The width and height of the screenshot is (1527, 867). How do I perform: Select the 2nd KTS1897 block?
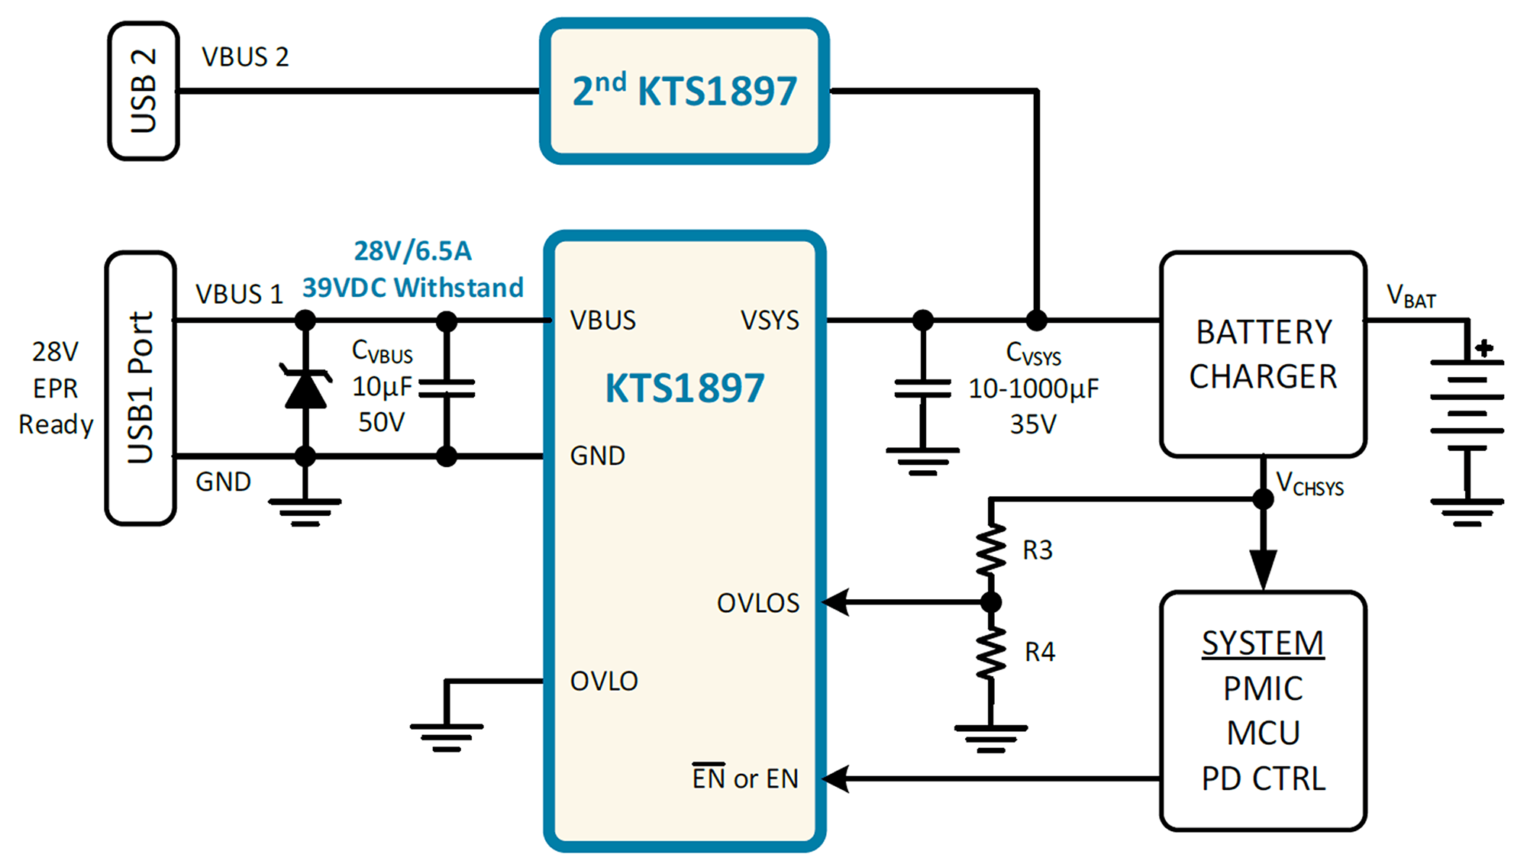684,91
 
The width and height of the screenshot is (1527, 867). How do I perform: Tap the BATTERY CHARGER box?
1264,354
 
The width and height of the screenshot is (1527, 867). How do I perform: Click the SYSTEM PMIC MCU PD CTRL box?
1264,711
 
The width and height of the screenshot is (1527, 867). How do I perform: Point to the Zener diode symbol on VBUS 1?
305,387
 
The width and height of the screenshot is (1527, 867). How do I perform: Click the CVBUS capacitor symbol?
447,388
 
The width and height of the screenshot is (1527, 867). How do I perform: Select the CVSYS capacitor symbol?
923,388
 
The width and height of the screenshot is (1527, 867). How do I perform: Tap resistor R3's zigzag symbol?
991,549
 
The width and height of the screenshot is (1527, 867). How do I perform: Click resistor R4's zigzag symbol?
991,653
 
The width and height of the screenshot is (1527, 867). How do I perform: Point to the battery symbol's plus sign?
1484,349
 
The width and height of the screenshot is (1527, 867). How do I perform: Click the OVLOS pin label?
758,603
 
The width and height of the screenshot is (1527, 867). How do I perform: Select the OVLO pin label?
604,681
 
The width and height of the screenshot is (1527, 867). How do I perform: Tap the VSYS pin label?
770,320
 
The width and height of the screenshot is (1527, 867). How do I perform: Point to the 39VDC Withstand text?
413,288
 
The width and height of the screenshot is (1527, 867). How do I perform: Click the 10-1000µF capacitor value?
1034,389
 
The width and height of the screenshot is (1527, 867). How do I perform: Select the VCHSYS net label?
1309,483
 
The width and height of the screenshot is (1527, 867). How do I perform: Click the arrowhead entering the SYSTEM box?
1264,570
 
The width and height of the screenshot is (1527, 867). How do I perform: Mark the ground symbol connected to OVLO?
447,737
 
